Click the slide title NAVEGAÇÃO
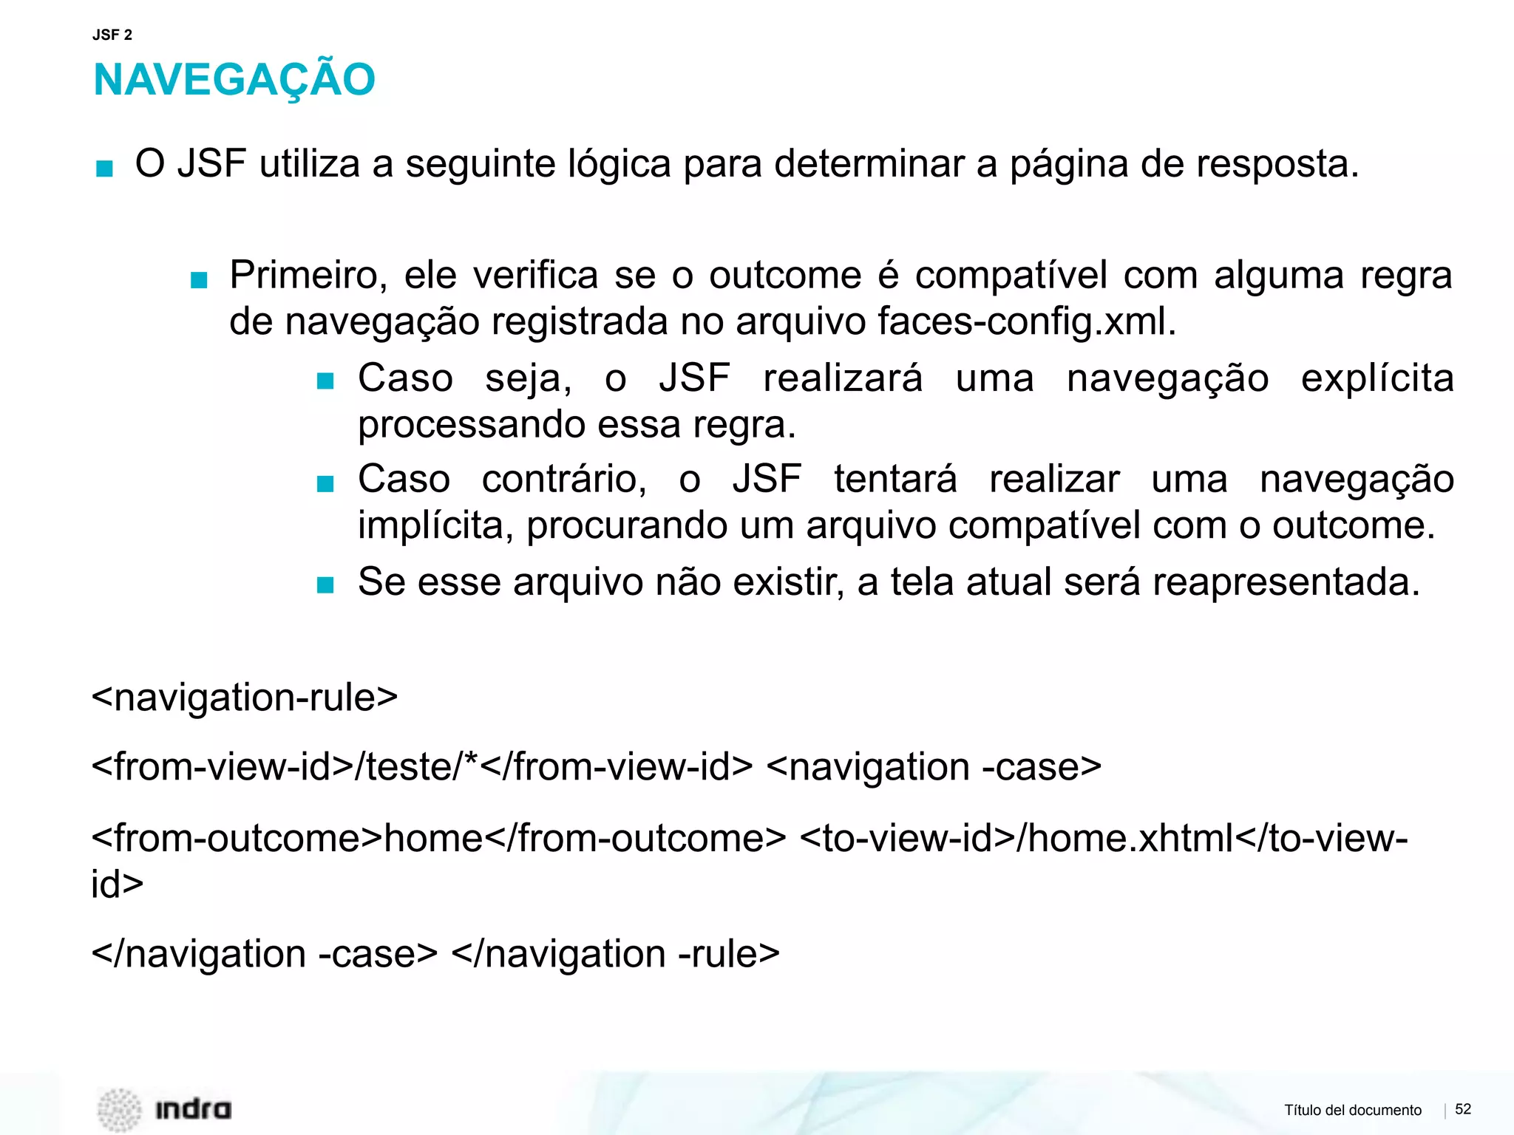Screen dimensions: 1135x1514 click(x=234, y=80)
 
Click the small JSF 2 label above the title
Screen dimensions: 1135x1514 click(x=112, y=35)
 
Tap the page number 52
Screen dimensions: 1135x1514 click(x=1463, y=1108)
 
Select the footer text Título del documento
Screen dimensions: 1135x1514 click(x=1352, y=1110)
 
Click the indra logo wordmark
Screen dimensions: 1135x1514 click(x=193, y=1109)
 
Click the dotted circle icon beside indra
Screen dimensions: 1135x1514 click(x=119, y=1109)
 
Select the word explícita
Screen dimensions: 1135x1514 click(x=1377, y=378)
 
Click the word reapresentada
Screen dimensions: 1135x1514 click(x=1286, y=582)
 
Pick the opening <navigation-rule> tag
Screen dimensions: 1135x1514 click(x=245, y=698)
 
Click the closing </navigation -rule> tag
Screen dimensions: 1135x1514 click(x=615, y=954)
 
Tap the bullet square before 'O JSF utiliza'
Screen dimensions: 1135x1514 click(x=105, y=168)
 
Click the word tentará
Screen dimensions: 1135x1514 click(x=895, y=479)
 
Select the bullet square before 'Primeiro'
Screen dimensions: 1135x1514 click(x=199, y=280)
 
